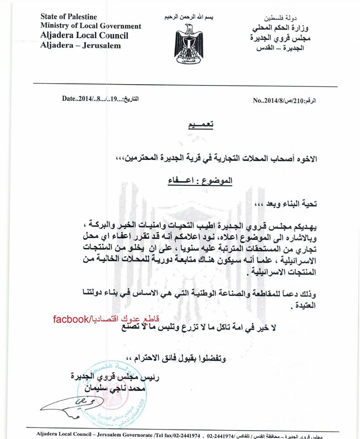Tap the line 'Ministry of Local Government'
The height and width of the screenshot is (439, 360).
coord(91,27)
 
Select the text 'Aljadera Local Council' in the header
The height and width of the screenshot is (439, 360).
coord(84,36)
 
